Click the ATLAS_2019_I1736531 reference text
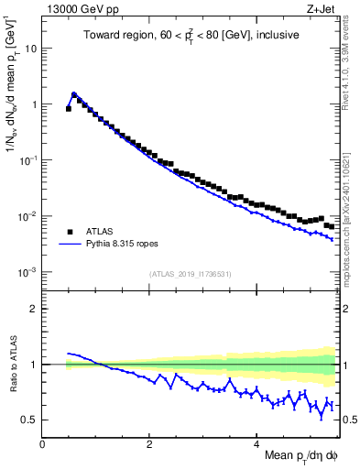coord(189,274)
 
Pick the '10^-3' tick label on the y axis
coord(30,272)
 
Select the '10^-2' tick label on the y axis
coord(30,216)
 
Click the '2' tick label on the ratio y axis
coord(36,309)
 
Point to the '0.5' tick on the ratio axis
coord(32,420)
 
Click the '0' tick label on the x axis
coord(42,443)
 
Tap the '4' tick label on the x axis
coord(256,443)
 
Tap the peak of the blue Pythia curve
coord(73,93)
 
